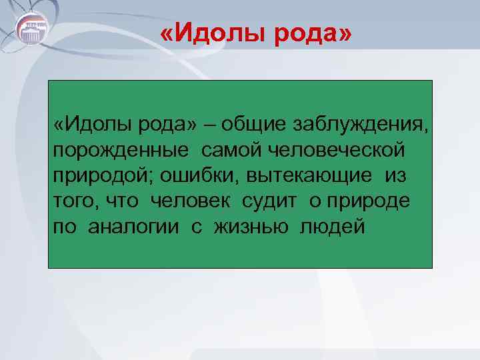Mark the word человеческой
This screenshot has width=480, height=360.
click(336, 149)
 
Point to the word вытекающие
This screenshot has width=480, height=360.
click(311, 176)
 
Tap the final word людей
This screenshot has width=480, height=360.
click(333, 227)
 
